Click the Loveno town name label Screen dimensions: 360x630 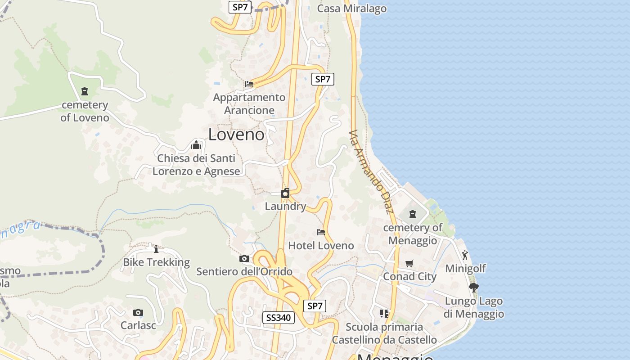236,134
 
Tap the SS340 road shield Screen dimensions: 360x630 279,318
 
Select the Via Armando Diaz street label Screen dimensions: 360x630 371,172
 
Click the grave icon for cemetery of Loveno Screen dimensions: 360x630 84,91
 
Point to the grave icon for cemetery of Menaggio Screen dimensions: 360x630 413,214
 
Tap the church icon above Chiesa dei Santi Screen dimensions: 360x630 196,145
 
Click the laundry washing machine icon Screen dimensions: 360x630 285,193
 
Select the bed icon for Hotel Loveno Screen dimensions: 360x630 321,232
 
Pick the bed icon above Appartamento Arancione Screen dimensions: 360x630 249,84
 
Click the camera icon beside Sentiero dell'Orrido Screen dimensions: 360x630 244,258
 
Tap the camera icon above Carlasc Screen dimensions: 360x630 138,312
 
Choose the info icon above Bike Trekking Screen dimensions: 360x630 156,249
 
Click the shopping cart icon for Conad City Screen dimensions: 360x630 409,263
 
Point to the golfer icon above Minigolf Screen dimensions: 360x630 465,255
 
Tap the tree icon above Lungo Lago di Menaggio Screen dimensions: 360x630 473,288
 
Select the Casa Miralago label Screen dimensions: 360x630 352,9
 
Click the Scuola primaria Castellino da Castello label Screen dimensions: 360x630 384,333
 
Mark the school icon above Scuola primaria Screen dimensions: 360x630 384,313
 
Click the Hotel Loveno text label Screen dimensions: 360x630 321,246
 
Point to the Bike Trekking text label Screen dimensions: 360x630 157,262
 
